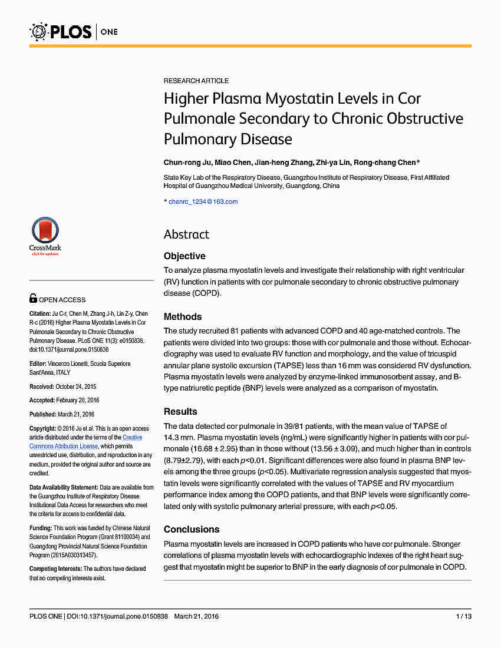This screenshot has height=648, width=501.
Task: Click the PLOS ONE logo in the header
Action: tap(73, 31)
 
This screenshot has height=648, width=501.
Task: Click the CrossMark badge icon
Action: tap(45, 235)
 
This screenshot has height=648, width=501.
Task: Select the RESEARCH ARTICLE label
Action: tap(196, 81)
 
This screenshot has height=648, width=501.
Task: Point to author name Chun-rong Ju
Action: tap(185, 163)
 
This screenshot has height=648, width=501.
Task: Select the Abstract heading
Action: tap(186, 234)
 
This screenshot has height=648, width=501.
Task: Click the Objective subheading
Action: tap(184, 256)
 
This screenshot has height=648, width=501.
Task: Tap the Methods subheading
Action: tap(183, 316)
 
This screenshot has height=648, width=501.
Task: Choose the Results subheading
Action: tap(180, 411)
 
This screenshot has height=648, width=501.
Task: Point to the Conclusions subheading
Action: tap(192, 529)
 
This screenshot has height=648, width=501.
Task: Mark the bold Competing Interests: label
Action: tap(56, 568)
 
